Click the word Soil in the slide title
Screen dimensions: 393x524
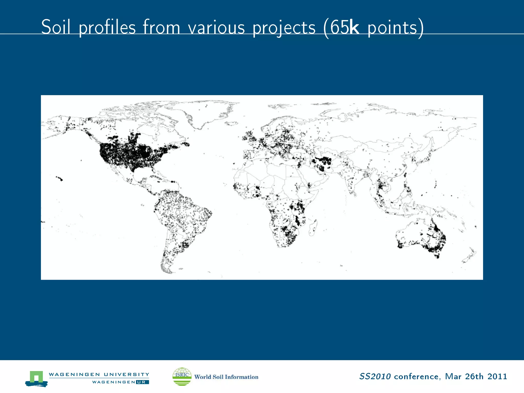click(56, 27)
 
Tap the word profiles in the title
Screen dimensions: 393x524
click(107, 28)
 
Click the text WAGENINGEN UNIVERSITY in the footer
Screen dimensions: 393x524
click(99, 374)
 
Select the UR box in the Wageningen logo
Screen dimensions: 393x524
click(142, 382)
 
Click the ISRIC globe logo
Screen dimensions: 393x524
click(182, 376)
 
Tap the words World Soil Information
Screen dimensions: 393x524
click(226, 377)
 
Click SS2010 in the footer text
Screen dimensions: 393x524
click(375, 376)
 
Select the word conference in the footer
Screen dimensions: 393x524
click(416, 376)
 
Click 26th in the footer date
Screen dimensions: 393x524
click(474, 376)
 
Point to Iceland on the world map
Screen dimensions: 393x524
click(232, 123)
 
